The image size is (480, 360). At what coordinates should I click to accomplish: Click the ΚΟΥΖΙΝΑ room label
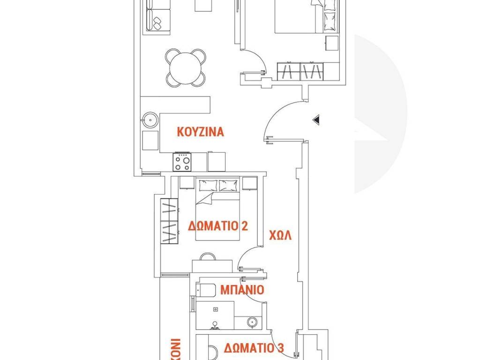pos(200,132)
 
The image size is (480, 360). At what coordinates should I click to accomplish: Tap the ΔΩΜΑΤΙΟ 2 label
pos(217,226)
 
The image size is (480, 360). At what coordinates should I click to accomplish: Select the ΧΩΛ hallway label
pos(280,235)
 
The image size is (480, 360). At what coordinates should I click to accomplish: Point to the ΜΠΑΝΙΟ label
pos(242,290)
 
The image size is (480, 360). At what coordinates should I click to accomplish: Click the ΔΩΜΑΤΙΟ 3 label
pos(254,348)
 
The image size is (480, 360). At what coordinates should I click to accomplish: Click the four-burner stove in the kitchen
pos(182,162)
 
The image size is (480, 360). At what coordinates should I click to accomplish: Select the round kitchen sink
pos(150,120)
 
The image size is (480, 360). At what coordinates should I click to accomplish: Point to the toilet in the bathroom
pos(204,290)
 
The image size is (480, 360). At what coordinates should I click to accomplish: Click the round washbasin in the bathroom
pos(252,322)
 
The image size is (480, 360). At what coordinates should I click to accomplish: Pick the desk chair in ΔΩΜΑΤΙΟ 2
pos(207,257)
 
